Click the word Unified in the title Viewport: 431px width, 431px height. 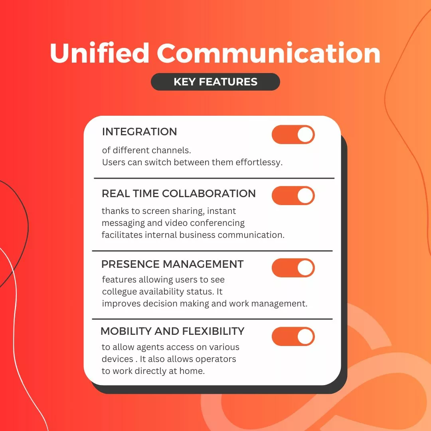(x=99, y=53)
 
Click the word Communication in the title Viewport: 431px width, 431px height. (x=269, y=53)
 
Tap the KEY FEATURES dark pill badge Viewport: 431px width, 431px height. (x=215, y=82)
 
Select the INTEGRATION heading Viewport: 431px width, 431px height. (x=139, y=132)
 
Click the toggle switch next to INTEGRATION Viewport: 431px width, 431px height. (x=293, y=134)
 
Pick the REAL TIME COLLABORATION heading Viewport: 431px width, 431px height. (x=179, y=194)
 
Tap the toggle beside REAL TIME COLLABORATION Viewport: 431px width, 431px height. (x=293, y=196)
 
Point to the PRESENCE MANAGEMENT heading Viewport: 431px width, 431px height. (x=172, y=264)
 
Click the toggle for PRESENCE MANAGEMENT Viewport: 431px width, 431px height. (x=293, y=268)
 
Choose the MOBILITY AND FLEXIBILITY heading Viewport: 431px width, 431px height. (x=172, y=331)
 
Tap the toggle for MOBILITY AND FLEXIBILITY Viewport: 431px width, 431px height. (x=293, y=336)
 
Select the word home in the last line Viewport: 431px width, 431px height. (x=192, y=371)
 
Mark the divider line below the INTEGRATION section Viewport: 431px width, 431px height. (x=214, y=178)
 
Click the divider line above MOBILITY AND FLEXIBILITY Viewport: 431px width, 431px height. (x=212, y=319)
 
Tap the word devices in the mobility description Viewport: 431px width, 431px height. (x=118, y=359)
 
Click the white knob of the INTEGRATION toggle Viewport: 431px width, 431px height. (x=305, y=134)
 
